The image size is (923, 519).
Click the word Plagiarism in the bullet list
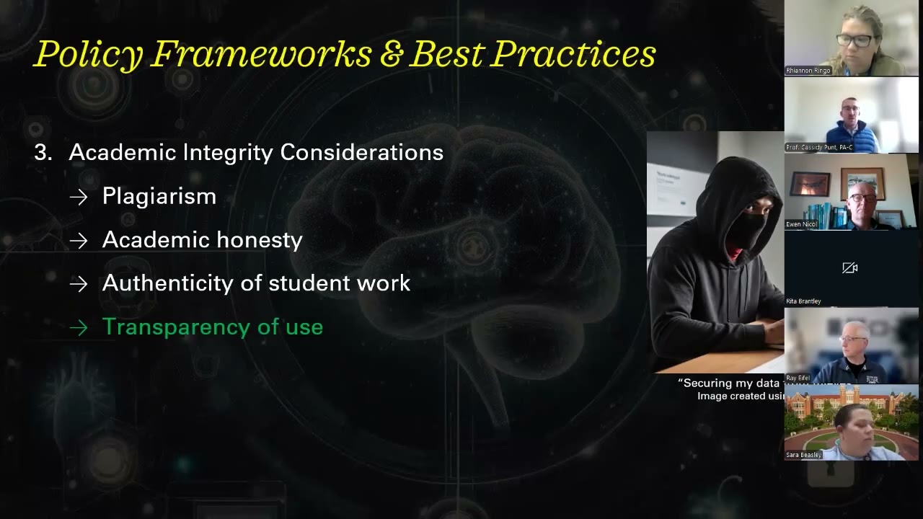159,196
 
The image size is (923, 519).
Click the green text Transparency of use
212,327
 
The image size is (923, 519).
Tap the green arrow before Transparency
79,328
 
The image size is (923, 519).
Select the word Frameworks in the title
260,55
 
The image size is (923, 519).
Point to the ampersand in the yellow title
390,55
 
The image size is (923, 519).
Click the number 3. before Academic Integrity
44,153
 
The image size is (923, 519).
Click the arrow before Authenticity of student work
79,284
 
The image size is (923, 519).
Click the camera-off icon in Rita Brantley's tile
849,268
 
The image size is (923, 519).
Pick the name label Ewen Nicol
802,225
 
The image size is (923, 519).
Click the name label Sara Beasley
804,455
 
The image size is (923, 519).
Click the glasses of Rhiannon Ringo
854,40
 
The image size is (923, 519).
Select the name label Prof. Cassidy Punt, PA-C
818,148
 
